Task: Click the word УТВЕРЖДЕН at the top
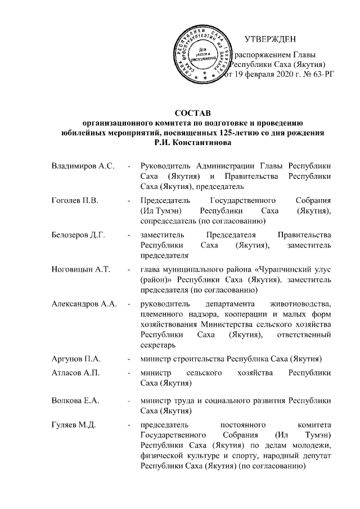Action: coord(271,39)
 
